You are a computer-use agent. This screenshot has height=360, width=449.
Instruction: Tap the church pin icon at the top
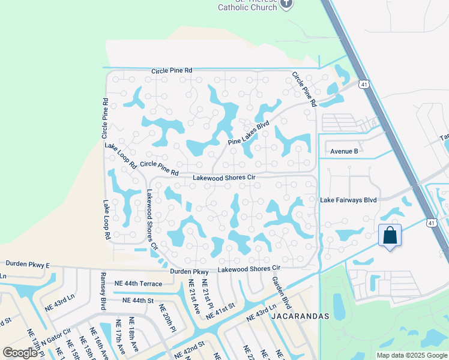coord(287,4)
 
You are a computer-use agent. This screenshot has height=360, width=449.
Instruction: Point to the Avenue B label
coord(344,151)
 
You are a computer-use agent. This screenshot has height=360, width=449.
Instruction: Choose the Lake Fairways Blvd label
coord(348,200)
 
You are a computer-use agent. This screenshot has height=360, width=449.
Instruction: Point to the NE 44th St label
coord(138,300)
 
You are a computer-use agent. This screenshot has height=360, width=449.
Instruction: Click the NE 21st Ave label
coord(194,297)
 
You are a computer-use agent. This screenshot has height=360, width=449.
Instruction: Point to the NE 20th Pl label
coord(167,318)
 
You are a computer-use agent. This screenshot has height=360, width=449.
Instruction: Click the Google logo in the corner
coord(20,353)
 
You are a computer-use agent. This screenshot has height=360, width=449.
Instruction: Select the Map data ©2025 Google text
coord(412,355)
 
